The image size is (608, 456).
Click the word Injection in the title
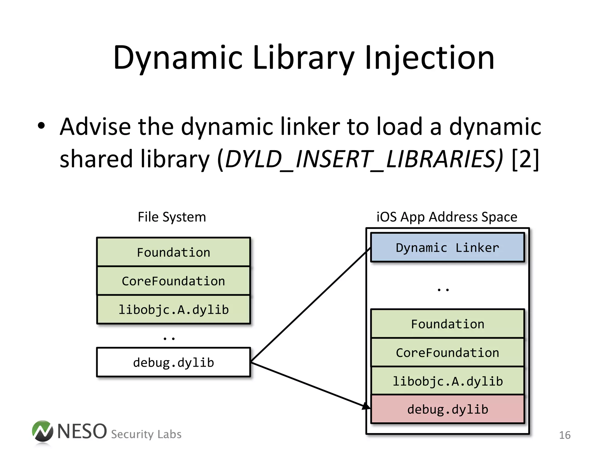pos(429,58)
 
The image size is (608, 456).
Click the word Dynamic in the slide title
pos(178,58)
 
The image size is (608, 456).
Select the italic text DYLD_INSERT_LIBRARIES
pos(364,159)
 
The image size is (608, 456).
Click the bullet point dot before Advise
pos(41,126)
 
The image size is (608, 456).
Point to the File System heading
pos(172,217)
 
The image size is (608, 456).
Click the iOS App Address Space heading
pos(447,217)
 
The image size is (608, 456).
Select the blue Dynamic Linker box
pos(447,248)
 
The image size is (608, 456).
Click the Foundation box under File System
pos(174,252)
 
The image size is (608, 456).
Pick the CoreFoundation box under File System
pos(174,281)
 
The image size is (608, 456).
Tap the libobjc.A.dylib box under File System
pos(174,310)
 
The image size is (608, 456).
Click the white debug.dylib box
pos(174,362)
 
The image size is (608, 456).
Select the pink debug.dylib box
pos(447,409)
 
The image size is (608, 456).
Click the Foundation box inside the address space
pos(447,324)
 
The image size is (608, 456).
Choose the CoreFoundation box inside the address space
pos(447,353)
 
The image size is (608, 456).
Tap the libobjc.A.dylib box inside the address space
pos(447,381)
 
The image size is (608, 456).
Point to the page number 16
pos(565,435)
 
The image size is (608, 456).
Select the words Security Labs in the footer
pos(146,434)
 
